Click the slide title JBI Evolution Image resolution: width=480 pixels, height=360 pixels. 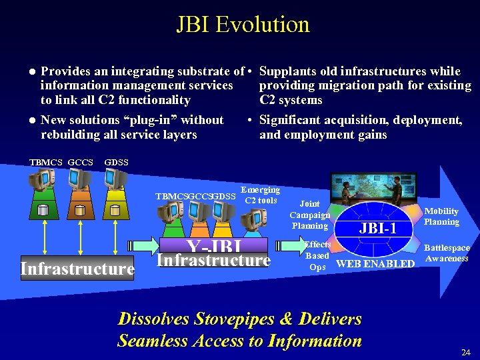[243, 25]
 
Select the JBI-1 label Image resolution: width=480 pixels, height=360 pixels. [378, 228]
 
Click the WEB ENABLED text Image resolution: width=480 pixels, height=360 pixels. [375, 264]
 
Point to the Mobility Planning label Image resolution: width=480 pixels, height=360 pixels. [441, 216]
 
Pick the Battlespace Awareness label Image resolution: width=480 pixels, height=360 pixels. [447, 253]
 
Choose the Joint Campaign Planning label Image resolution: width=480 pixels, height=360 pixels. [309, 215]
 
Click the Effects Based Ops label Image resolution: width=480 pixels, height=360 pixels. [317, 255]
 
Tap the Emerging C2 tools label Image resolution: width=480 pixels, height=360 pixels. [261, 195]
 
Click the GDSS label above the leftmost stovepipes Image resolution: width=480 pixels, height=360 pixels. [117, 162]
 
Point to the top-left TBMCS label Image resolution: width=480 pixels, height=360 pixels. [46, 162]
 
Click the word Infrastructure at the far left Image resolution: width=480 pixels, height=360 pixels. [77, 269]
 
